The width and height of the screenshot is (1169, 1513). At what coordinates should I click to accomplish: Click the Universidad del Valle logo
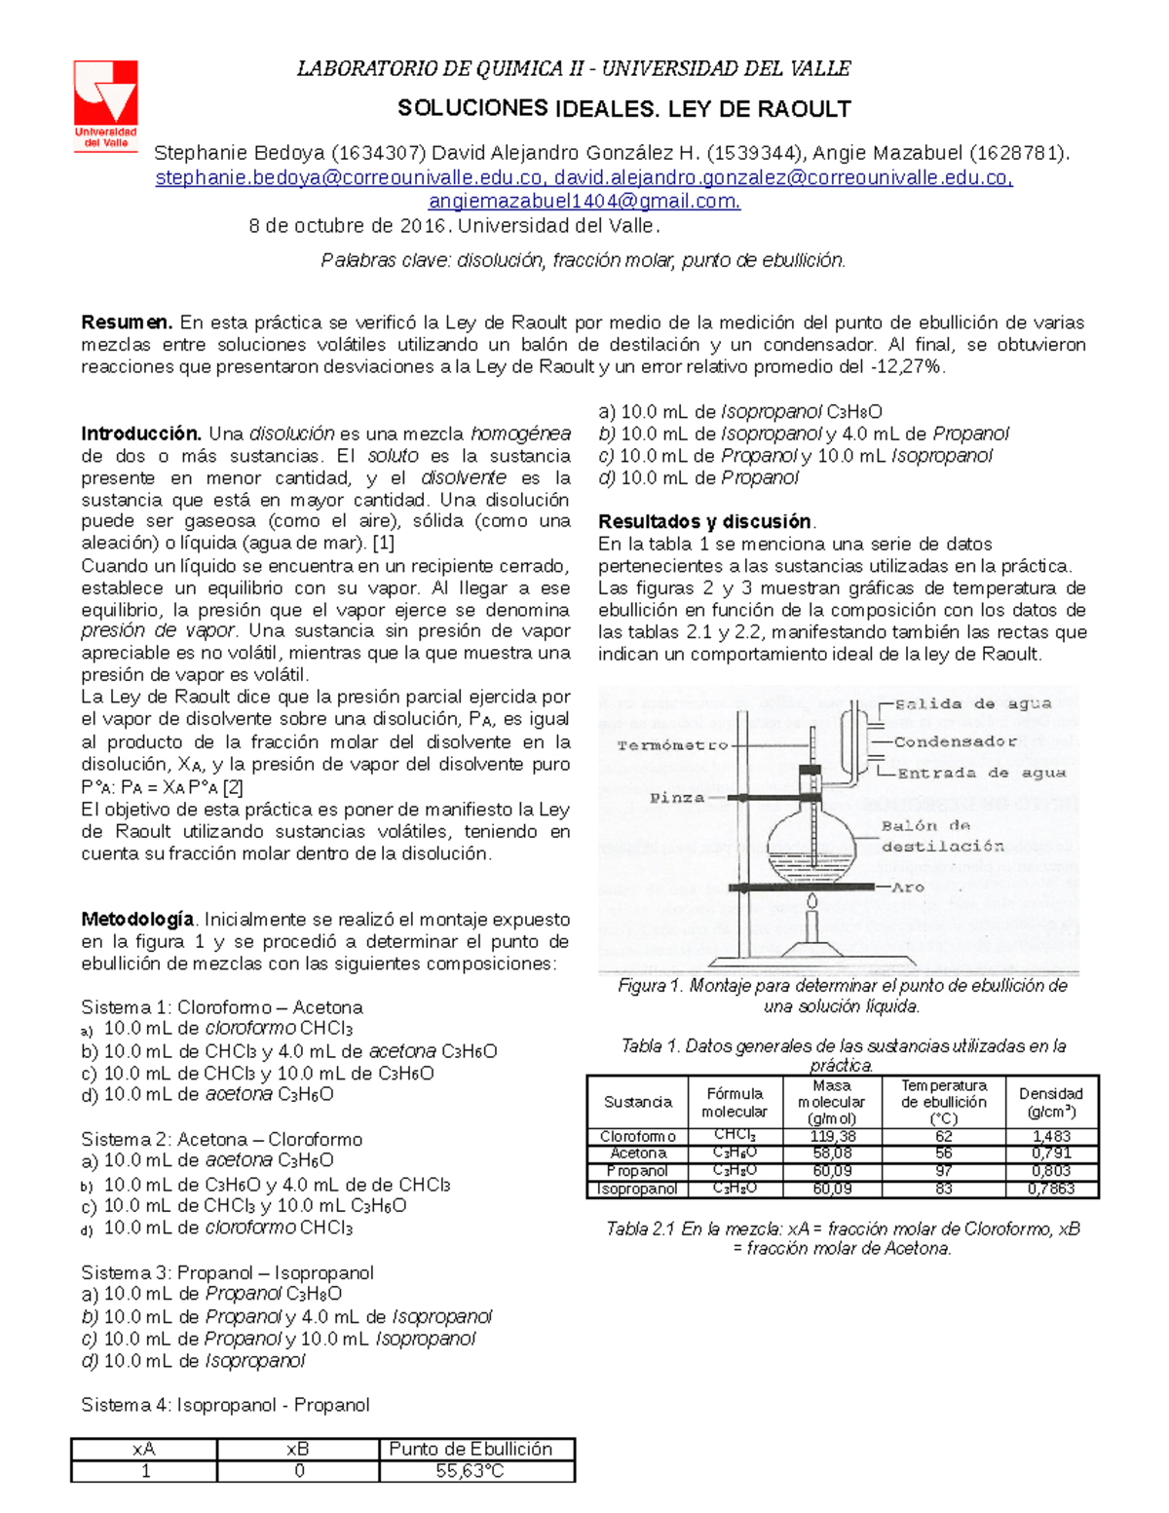pos(106,104)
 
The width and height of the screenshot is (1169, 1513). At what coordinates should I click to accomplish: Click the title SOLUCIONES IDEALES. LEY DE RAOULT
pos(624,109)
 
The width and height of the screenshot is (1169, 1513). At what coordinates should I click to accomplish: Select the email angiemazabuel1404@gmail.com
pos(584,202)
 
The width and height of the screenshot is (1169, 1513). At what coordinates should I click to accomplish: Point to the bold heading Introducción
pos(140,434)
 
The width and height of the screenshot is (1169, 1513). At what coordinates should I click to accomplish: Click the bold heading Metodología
pos(137,920)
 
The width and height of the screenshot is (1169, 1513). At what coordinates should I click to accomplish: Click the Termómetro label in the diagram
pos(672,745)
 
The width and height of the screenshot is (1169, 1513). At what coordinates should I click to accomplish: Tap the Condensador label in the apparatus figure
pos(955,741)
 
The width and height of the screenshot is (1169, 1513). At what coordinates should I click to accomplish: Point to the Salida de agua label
pos(972,703)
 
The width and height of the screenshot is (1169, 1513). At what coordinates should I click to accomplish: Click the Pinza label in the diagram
pos(677,798)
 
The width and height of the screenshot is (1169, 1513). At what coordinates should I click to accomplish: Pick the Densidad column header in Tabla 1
pos(1051,1102)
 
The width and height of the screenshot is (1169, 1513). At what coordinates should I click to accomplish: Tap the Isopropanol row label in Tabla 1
pos(637,1189)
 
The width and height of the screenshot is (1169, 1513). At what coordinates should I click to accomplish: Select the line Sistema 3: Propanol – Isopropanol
pos(227,1272)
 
